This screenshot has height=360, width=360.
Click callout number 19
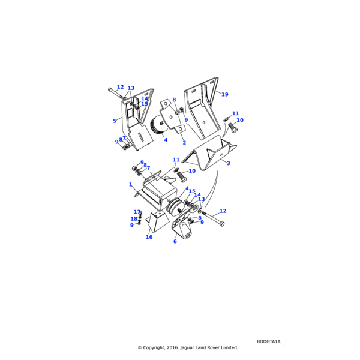pos(225,95)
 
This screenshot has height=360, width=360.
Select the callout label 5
pos(115,121)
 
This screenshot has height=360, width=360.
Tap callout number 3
pos(229,163)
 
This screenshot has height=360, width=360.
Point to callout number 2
pos(184,143)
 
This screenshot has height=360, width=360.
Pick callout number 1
pos(130,185)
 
